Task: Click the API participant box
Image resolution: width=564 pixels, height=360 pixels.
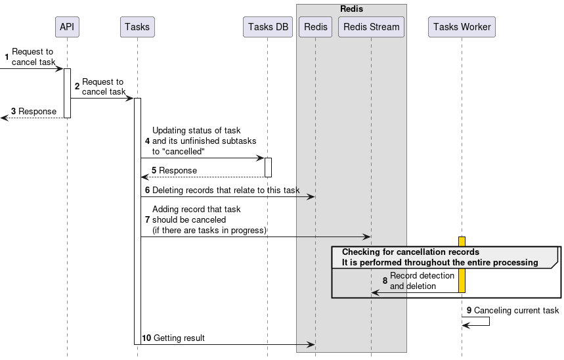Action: tap(67, 27)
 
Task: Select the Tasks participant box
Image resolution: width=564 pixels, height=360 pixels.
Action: tap(137, 27)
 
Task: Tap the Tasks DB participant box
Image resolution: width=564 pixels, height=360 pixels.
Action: tap(267, 27)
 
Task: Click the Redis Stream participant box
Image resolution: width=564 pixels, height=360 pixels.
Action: tap(371, 27)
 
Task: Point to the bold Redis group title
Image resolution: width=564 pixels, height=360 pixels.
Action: tap(351, 9)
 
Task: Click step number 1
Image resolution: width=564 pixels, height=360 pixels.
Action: tap(7, 57)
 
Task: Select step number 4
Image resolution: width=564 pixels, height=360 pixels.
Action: tap(147, 141)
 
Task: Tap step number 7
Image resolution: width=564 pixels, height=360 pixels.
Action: tap(147, 220)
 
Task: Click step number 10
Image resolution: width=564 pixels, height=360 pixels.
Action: tap(146, 338)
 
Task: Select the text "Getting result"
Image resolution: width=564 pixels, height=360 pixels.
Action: tap(179, 338)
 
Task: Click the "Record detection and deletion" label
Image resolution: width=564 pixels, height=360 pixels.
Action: tap(422, 281)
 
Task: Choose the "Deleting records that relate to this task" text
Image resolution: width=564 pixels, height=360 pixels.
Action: tap(226, 190)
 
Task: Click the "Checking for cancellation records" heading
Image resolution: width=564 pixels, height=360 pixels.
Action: tap(410, 252)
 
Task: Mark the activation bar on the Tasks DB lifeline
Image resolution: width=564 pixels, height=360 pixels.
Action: tap(268, 167)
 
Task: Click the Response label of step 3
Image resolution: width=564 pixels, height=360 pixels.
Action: tap(37, 111)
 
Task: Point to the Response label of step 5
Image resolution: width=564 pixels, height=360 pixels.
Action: tap(177, 170)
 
